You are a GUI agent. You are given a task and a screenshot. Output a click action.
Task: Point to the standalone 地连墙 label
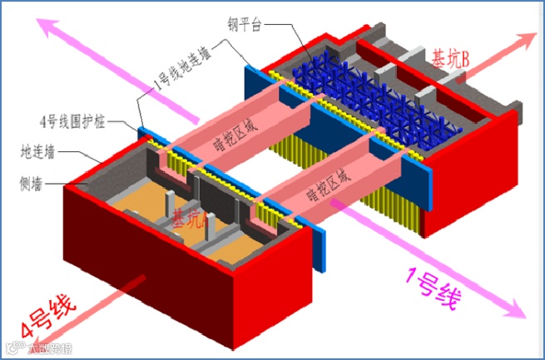coord(37,151)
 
